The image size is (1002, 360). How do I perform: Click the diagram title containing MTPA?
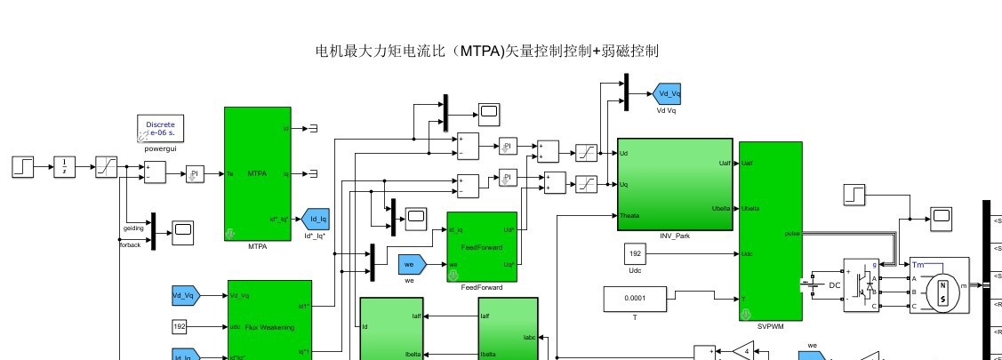pos(487,52)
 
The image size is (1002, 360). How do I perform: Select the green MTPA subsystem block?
pos(257,173)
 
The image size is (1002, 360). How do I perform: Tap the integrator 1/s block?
pos(66,166)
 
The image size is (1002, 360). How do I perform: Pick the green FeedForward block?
pos(482,246)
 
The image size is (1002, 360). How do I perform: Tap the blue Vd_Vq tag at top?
pos(667,93)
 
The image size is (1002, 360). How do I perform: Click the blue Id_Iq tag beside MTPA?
pos(315,220)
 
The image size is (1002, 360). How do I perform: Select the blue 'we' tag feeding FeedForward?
pos(412,264)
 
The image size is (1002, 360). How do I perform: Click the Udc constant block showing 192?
pos(634,253)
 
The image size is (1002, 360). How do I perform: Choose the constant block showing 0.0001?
pos(635,300)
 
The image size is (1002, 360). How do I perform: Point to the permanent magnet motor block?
pos(942,284)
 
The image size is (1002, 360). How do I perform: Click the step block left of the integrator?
pos(23,166)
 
